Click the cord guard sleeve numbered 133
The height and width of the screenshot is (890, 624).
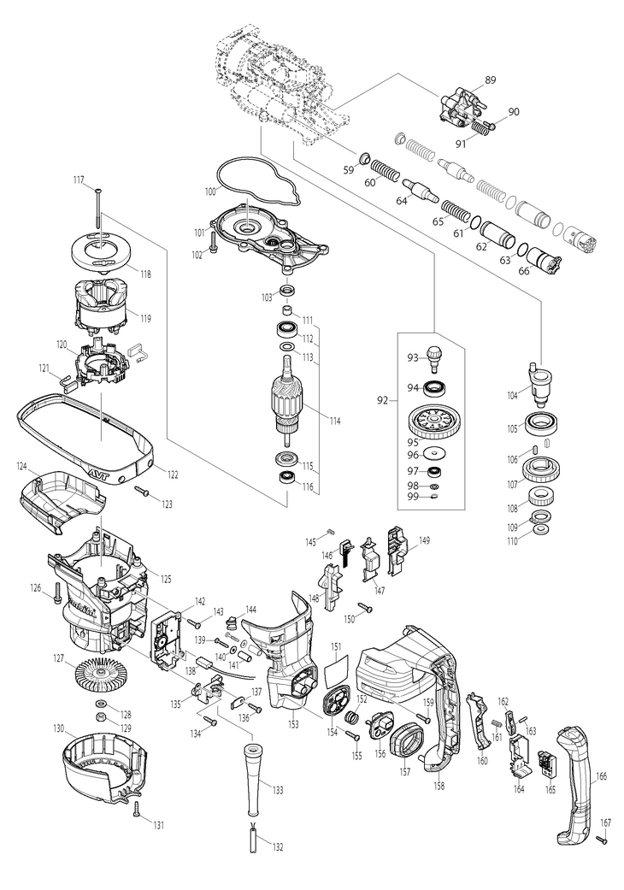tap(253, 778)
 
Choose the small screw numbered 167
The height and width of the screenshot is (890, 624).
tap(601, 842)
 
